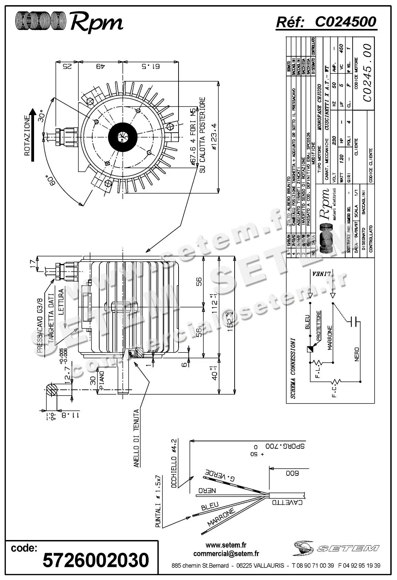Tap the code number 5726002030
96,560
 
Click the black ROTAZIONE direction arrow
32,135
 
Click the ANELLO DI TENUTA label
136,438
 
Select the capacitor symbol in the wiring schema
353,322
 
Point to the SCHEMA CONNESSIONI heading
293,368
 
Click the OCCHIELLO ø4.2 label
174,464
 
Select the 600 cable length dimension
292,473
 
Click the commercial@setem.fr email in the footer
226,553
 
